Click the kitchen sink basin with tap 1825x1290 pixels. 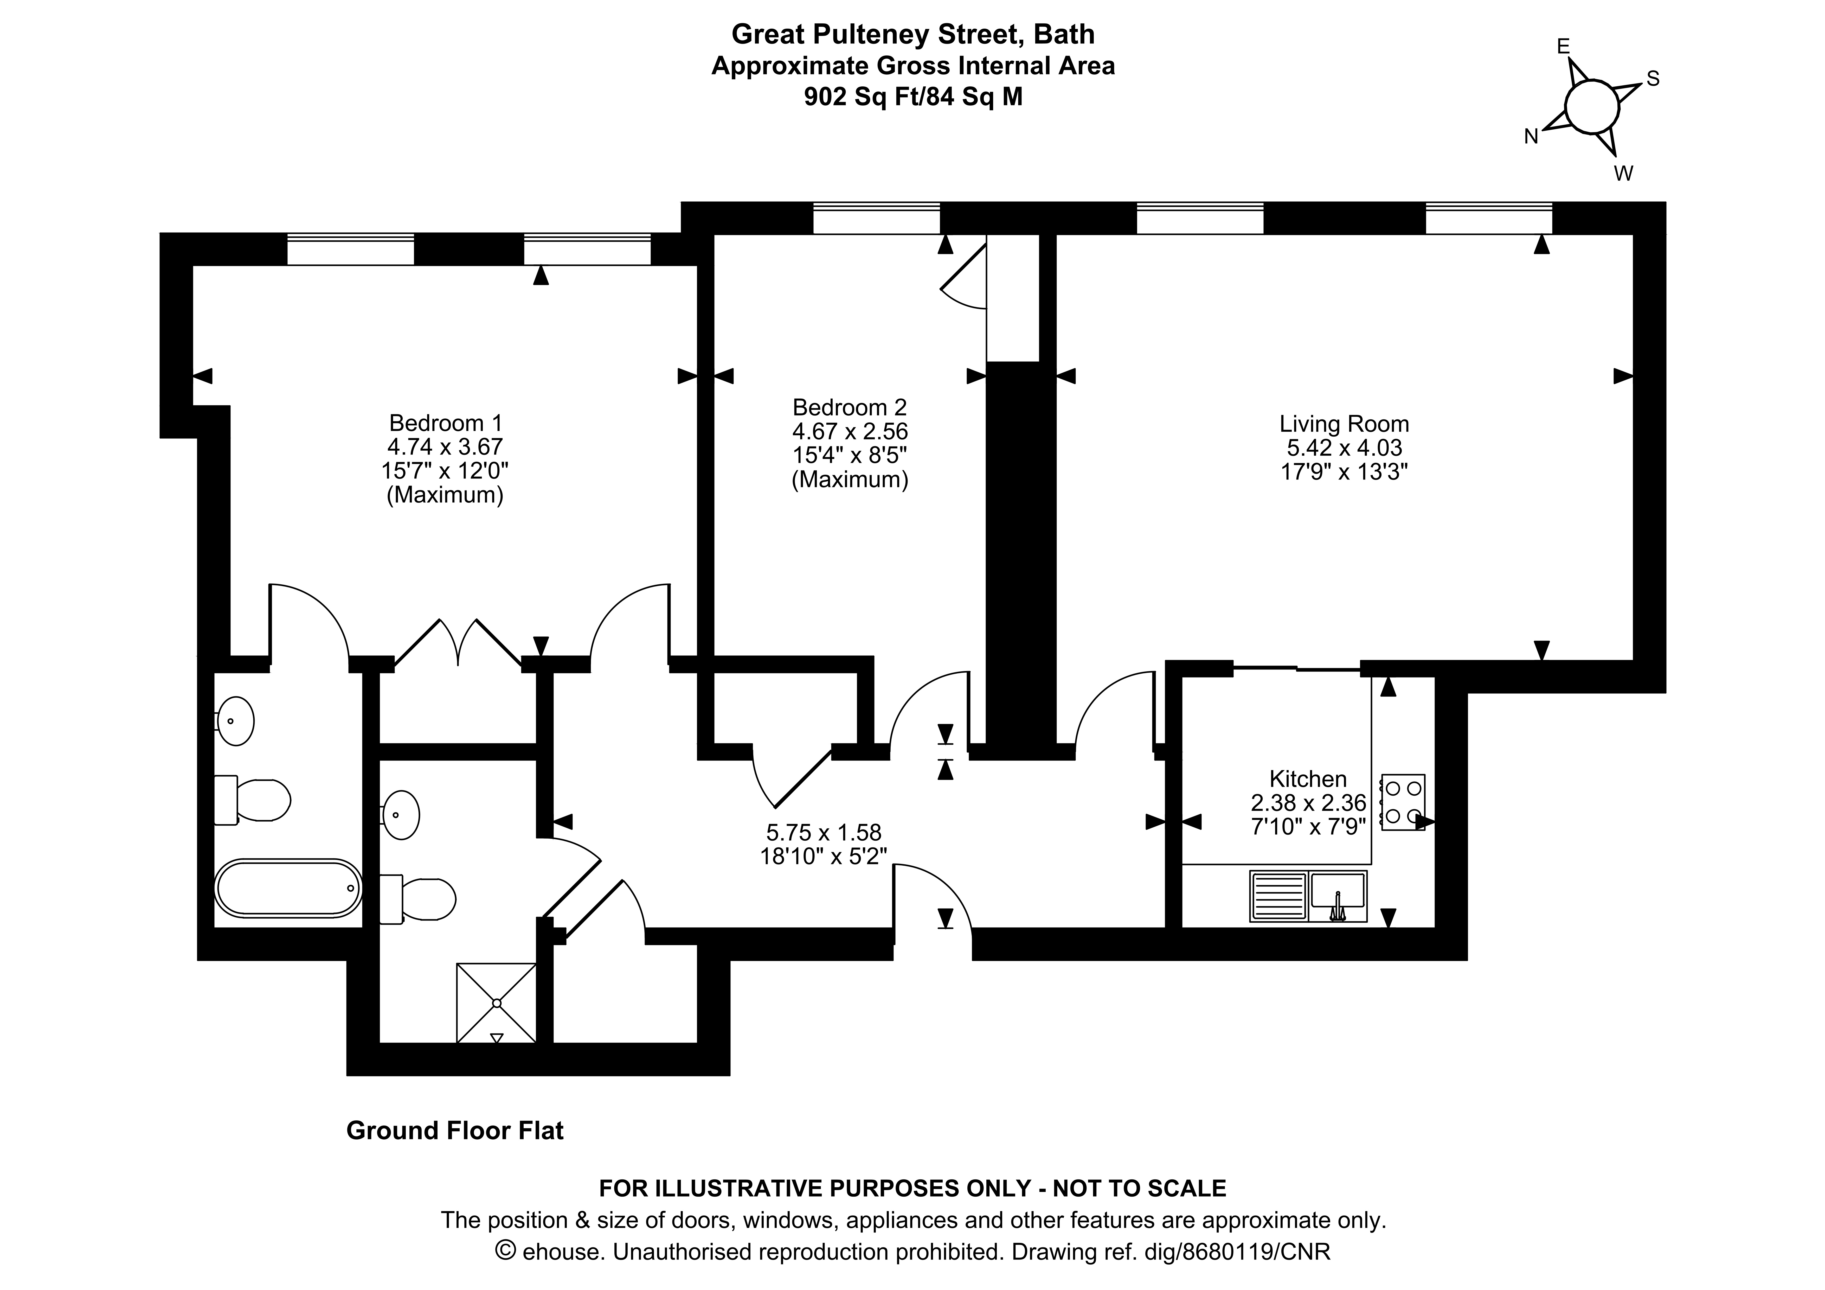coord(1338,894)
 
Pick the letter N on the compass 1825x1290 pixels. coord(1531,137)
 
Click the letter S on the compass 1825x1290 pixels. coord(1653,79)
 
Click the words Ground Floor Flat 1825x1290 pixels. coord(455,1130)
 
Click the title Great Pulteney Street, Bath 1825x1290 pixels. coord(912,34)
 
